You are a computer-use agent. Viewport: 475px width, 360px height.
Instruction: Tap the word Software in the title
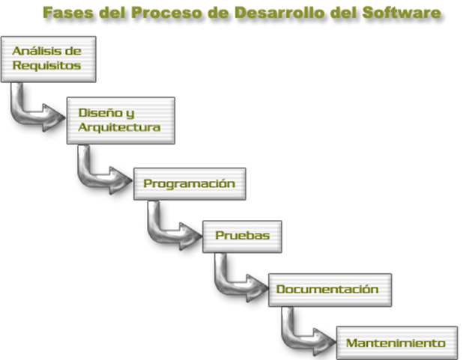(402, 13)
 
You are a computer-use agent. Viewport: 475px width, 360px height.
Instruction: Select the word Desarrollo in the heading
(279, 13)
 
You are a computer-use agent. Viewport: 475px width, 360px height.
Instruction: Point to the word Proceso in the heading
(166, 13)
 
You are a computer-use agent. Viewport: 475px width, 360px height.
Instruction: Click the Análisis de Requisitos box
(49, 59)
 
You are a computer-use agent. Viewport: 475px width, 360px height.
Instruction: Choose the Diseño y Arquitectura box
(121, 120)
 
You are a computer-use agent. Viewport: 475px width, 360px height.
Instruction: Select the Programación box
(190, 184)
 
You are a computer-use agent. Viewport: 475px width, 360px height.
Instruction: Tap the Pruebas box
(242, 237)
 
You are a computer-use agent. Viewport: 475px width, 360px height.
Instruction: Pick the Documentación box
(330, 290)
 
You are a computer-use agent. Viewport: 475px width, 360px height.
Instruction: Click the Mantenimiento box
(397, 343)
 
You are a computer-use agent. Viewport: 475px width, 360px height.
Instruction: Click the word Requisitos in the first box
(46, 66)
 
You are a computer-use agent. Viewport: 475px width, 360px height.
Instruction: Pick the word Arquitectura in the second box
(119, 127)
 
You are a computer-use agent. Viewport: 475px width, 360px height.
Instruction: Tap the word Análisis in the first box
(37, 51)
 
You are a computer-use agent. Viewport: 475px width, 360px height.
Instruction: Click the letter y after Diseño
(130, 114)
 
